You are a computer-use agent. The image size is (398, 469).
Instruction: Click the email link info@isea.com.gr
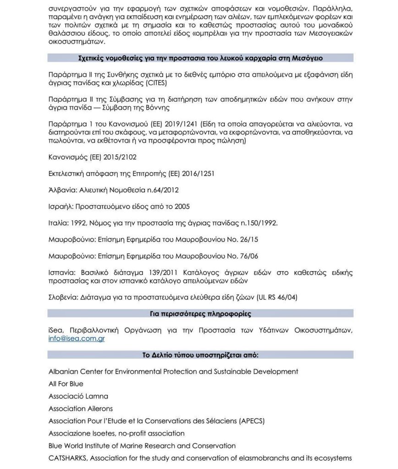coord(77,339)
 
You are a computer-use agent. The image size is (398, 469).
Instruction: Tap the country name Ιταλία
coord(59,224)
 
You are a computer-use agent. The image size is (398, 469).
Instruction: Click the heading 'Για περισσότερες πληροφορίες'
coord(200,314)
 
